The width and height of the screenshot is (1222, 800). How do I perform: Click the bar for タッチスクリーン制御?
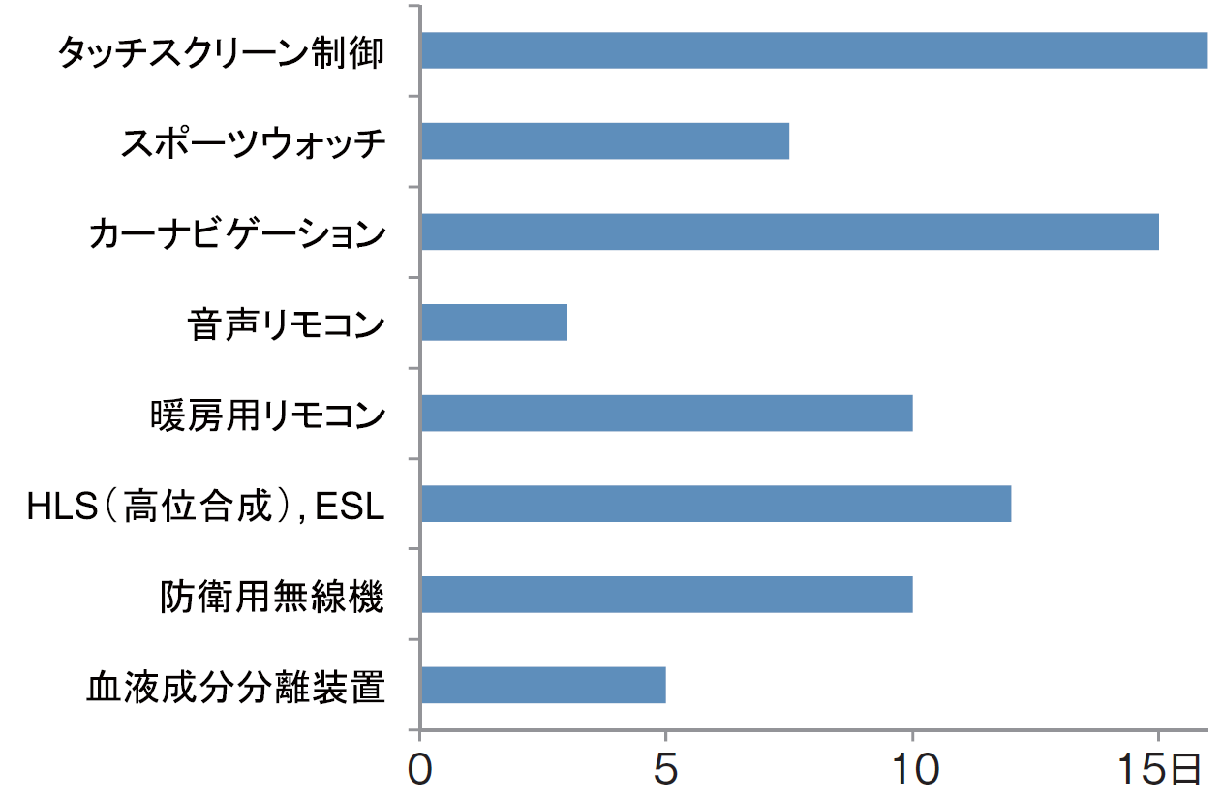point(813,50)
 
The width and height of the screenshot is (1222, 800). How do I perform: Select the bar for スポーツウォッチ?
point(604,141)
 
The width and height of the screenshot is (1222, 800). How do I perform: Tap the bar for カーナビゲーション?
point(789,231)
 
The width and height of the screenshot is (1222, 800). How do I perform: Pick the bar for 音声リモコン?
point(494,323)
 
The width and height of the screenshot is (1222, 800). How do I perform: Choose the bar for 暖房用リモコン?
point(666,414)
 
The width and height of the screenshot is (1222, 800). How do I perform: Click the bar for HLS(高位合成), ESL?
point(716,504)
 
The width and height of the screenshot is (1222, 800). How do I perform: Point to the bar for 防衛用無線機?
point(666,595)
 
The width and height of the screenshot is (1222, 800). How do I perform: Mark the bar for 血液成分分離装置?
point(543,685)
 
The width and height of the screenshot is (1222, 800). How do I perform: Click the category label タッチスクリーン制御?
point(221,52)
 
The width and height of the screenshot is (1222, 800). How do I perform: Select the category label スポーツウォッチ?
point(253,142)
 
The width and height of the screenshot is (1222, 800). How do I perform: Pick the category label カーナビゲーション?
point(236,233)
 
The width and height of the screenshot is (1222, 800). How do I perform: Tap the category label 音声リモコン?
point(286,323)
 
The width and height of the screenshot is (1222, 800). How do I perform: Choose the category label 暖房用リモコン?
point(268,415)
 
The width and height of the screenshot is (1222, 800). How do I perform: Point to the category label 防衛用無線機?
point(272,596)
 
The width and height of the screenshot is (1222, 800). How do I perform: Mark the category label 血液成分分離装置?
point(236,687)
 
